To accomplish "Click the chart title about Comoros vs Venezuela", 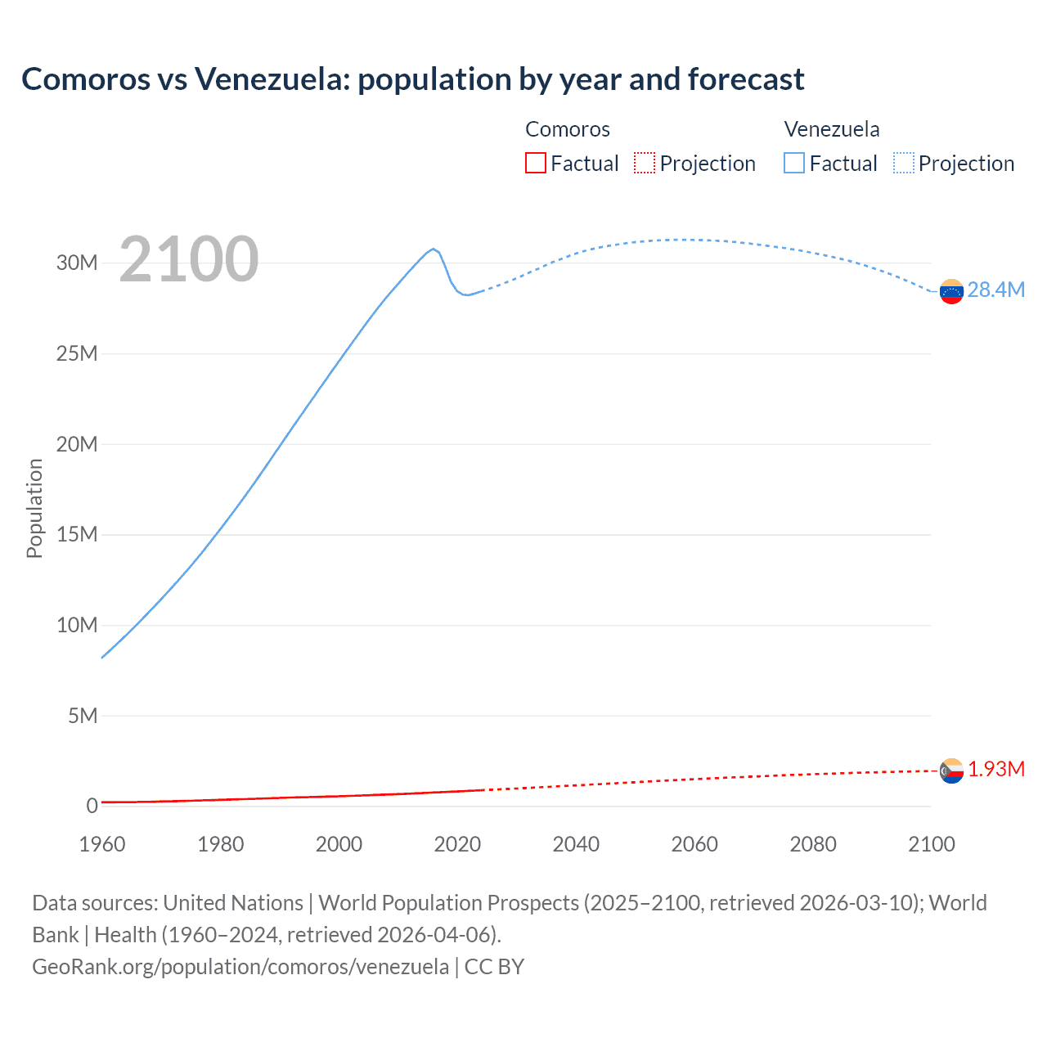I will click(x=413, y=79).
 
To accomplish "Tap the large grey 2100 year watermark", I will click(x=189, y=259).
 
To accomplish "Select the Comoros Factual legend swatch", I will click(x=535, y=163).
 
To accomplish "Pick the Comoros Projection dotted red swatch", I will click(x=645, y=163).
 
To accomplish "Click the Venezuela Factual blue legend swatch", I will click(x=794, y=163).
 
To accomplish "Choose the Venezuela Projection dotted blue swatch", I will click(x=904, y=163).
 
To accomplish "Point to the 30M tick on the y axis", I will click(x=77, y=263).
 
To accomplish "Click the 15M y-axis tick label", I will click(x=77, y=534).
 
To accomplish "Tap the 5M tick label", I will click(x=83, y=716).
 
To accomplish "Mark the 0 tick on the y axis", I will click(x=92, y=806).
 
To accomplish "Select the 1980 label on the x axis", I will click(x=220, y=844).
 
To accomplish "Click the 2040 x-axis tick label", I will click(x=576, y=844).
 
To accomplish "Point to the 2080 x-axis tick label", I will click(x=813, y=844).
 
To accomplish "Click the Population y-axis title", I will click(x=34, y=508).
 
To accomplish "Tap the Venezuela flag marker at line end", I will click(x=951, y=291).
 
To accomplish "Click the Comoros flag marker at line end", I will click(x=951, y=771).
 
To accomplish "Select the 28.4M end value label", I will click(x=995, y=290).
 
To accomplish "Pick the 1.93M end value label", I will click(x=995, y=770).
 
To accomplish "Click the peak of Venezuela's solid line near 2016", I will click(x=434, y=249).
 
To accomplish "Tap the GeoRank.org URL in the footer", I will click(x=240, y=967).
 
